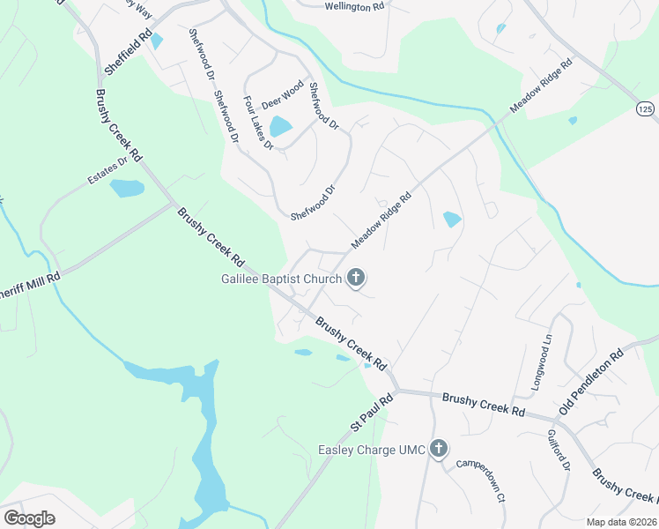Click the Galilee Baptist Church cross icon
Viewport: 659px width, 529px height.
pyautogui.click(x=355, y=279)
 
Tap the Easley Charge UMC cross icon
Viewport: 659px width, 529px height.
pyautogui.click(x=439, y=450)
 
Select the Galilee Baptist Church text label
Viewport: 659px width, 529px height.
pyautogui.click(x=281, y=279)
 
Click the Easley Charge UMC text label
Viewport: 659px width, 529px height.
pyautogui.click(x=371, y=451)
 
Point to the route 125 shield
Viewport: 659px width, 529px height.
pyautogui.click(x=646, y=108)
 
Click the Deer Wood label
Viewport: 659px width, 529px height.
pyautogui.click(x=282, y=93)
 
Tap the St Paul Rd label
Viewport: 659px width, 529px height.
pyautogui.click(x=371, y=413)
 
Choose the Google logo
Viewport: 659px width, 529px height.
pyautogui.click(x=30, y=518)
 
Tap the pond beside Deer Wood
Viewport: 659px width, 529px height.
pyautogui.click(x=281, y=127)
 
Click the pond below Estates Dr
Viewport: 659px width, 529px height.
pyautogui.click(x=127, y=188)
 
